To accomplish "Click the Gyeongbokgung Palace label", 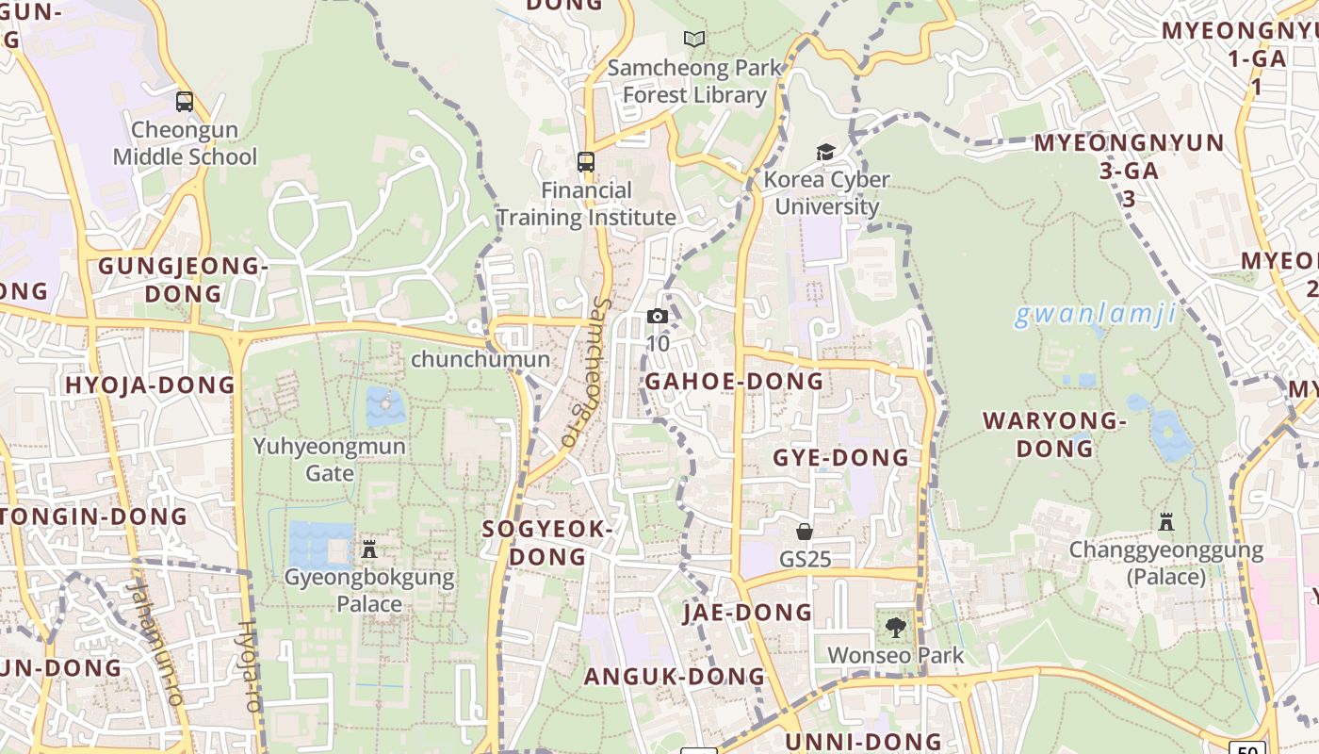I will point(369,590).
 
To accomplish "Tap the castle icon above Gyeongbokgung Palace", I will point(369,549).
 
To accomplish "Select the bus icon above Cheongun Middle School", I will point(185,101).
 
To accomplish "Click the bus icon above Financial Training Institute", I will point(586,161).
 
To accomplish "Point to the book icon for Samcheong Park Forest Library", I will point(694,39).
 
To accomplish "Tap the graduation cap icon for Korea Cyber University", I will point(825,152).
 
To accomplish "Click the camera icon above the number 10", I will point(658,317).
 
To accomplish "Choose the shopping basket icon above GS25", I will point(805,532).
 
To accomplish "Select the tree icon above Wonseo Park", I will point(895,627).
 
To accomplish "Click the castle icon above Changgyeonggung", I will point(1166,521).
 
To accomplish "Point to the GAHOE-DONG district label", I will point(734,382).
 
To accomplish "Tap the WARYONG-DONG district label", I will point(1054,434).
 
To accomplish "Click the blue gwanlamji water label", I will point(1096,314).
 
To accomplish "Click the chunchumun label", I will point(480,359).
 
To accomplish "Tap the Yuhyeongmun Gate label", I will point(329,459).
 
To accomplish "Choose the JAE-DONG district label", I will point(747,613).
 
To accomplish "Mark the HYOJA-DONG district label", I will point(150,385).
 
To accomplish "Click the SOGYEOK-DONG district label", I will point(547,542).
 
